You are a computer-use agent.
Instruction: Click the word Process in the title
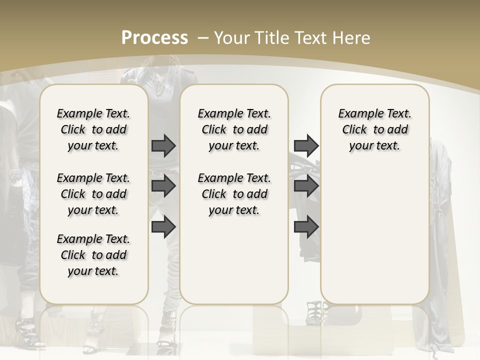coord(154,37)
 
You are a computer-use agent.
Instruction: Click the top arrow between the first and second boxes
coord(163,145)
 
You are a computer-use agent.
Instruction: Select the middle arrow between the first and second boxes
coord(163,186)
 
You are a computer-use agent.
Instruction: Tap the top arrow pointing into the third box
coord(306,145)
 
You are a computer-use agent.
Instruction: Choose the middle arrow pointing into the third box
coord(306,186)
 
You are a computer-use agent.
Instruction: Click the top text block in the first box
coord(93,129)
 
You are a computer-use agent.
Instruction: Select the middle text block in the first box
coord(93,194)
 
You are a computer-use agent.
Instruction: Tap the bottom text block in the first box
coord(93,255)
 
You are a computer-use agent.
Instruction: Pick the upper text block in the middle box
coord(234,129)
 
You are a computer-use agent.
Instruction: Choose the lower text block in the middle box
coord(234,194)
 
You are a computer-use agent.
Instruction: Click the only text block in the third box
coord(374,129)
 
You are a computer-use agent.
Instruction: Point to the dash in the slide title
coord(203,38)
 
